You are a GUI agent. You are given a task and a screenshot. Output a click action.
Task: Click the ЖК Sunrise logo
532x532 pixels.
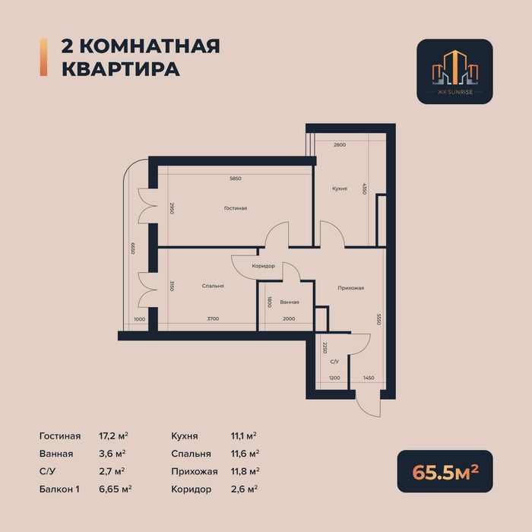pos(454,71)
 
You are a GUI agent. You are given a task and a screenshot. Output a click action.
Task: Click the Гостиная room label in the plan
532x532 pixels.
pos(236,207)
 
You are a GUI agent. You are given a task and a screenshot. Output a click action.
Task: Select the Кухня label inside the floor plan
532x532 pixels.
pos(340,188)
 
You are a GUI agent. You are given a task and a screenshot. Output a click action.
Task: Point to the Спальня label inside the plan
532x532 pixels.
pos(213,286)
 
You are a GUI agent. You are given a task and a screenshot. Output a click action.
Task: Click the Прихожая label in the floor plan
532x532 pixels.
pos(351,288)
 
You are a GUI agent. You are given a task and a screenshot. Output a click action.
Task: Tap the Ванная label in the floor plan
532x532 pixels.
pos(289,302)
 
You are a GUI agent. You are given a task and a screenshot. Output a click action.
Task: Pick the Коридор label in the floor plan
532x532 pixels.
pos(263,265)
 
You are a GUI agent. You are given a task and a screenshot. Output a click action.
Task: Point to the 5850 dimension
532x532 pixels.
pos(236,178)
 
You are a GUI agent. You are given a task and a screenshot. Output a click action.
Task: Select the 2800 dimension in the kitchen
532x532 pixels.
pos(339,144)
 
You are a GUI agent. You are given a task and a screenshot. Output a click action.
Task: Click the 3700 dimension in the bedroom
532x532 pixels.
pos(212,318)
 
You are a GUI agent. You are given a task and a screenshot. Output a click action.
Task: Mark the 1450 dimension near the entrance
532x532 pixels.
pos(369,378)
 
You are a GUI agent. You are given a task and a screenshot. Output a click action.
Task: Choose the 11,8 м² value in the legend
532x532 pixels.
pos(244,471)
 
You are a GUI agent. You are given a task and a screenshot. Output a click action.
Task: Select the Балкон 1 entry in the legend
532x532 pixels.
pos(61,489)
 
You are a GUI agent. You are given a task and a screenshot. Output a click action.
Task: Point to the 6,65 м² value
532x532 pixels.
pos(117,489)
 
